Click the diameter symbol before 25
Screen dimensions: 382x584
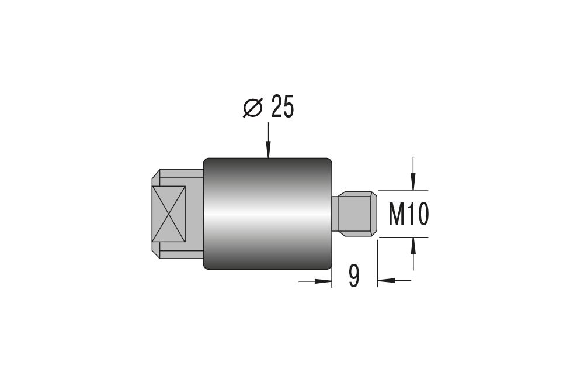pos(253,108)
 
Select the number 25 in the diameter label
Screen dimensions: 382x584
pos(283,108)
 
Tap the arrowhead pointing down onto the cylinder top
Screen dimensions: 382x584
pos(268,152)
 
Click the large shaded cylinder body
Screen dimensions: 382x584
pos(267,214)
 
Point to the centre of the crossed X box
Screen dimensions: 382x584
pos(168,214)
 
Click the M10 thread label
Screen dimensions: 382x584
pos(409,215)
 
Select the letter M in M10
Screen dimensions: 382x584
pos(397,215)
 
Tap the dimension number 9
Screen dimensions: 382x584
pos(354,277)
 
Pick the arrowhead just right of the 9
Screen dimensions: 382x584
pos(385,281)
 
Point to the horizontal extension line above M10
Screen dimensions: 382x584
pos(403,191)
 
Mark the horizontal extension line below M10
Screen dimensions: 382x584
pos(403,237)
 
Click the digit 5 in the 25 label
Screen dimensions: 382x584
pos(288,108)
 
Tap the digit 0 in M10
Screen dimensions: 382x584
pos(423,215)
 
